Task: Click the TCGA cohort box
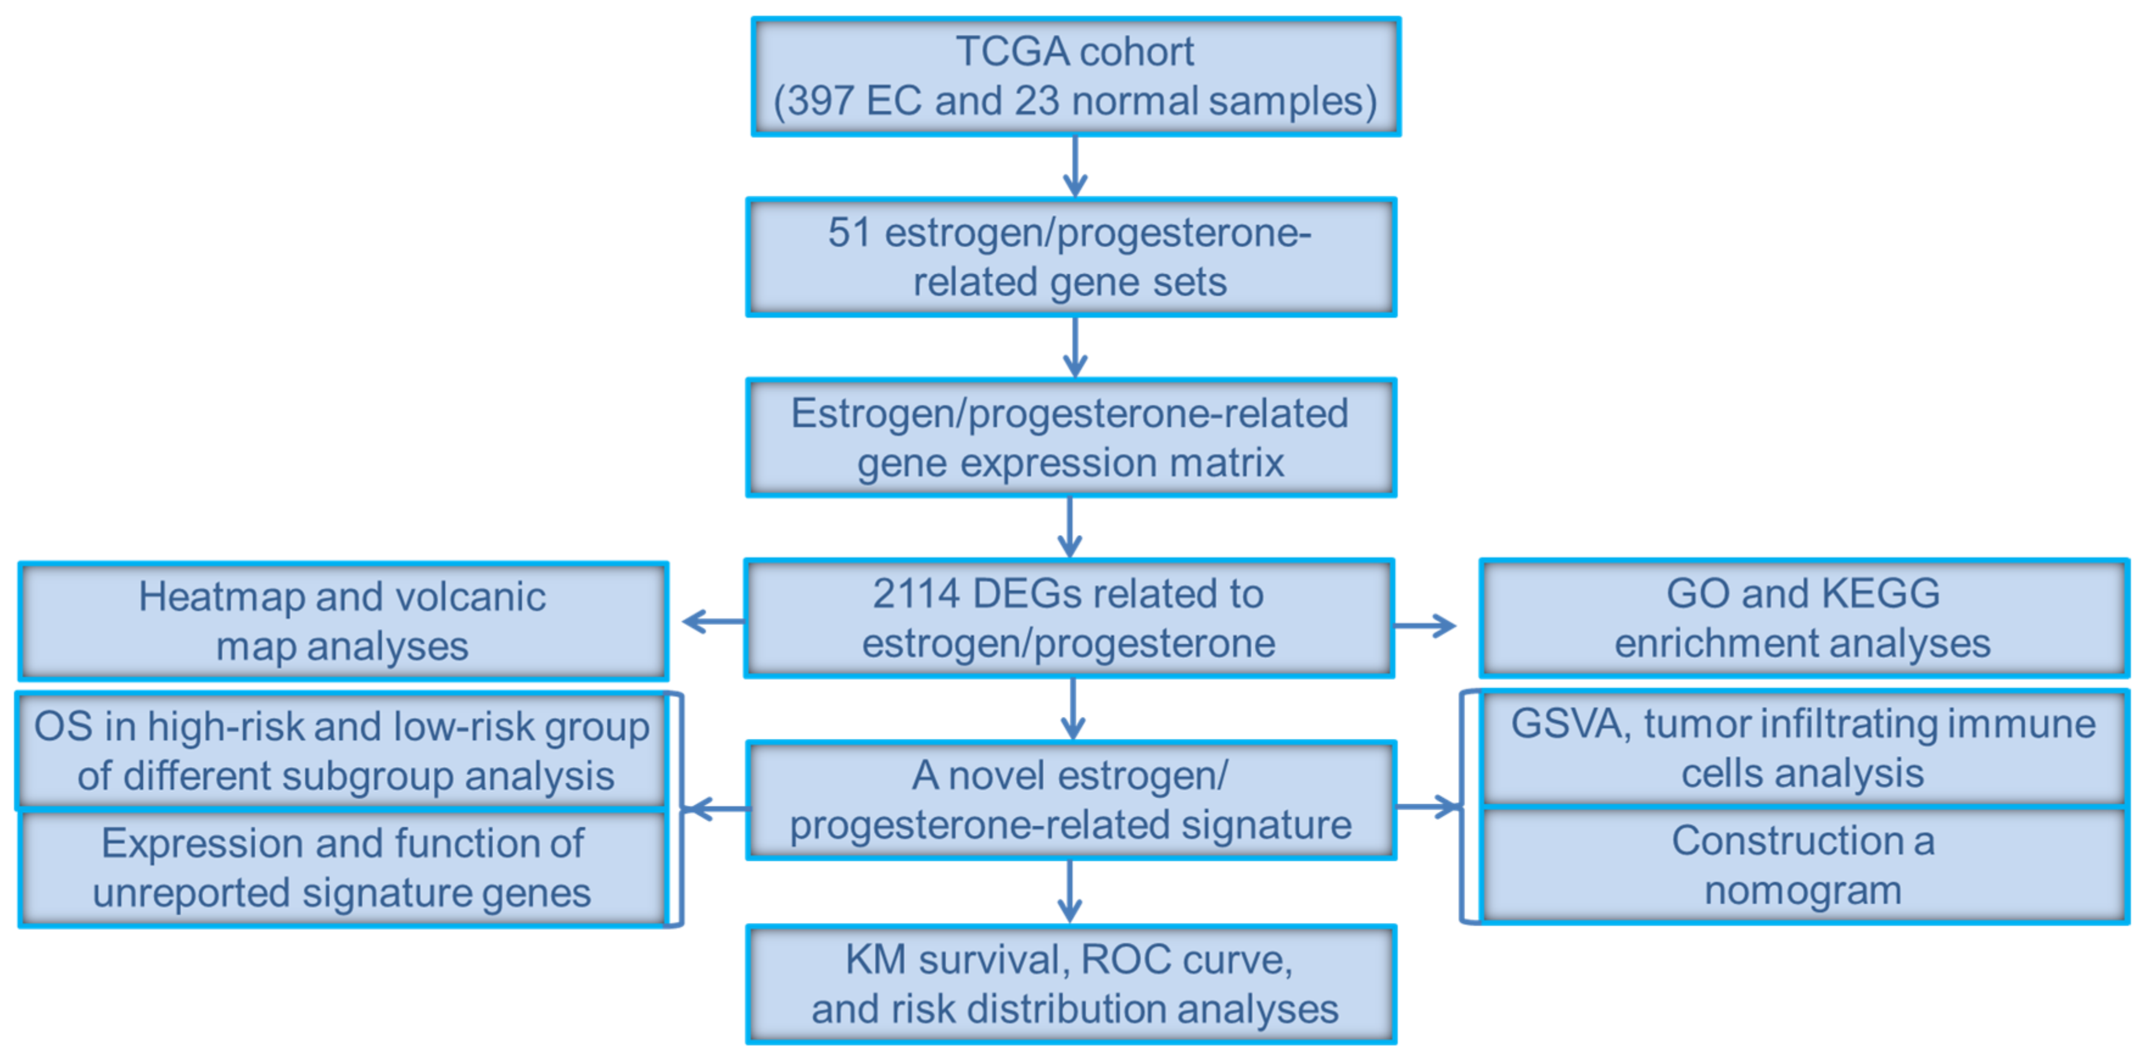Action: point(1075,77)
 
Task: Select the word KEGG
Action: point(1880,595)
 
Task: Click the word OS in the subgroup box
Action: point(63,727)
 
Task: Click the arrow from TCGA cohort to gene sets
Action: point(1075,166)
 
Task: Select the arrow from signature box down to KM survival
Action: point(1070,891)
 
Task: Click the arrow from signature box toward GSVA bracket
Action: point(1428,806)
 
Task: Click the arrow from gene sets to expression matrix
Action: point(1075,347)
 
